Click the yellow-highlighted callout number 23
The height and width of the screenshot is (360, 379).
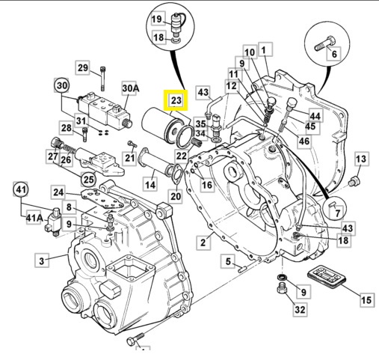click(x=176, y=100)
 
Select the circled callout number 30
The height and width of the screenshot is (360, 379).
click(x=61, y=85)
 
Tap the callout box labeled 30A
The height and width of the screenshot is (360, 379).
click(x=131, y=89)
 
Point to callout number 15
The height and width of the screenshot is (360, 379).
click(x=366, y=301)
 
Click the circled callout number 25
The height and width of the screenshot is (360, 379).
click(x=88, y=180)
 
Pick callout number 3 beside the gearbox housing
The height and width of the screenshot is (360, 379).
click(x=42, y=260)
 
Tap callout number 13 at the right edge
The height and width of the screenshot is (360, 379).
click(x=361, y=159)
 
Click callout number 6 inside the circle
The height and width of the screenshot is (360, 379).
click(x=333, y=53)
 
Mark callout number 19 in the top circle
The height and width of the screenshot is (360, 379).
click(x=157, y=19)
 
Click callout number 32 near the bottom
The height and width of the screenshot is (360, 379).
click(x=299, y=308)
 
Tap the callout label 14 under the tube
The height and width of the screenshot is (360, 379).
click(x=150, y=184)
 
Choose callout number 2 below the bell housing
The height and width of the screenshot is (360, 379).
click(x=203, y=242)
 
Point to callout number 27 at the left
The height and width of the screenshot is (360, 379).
click(x=52, y=156)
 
